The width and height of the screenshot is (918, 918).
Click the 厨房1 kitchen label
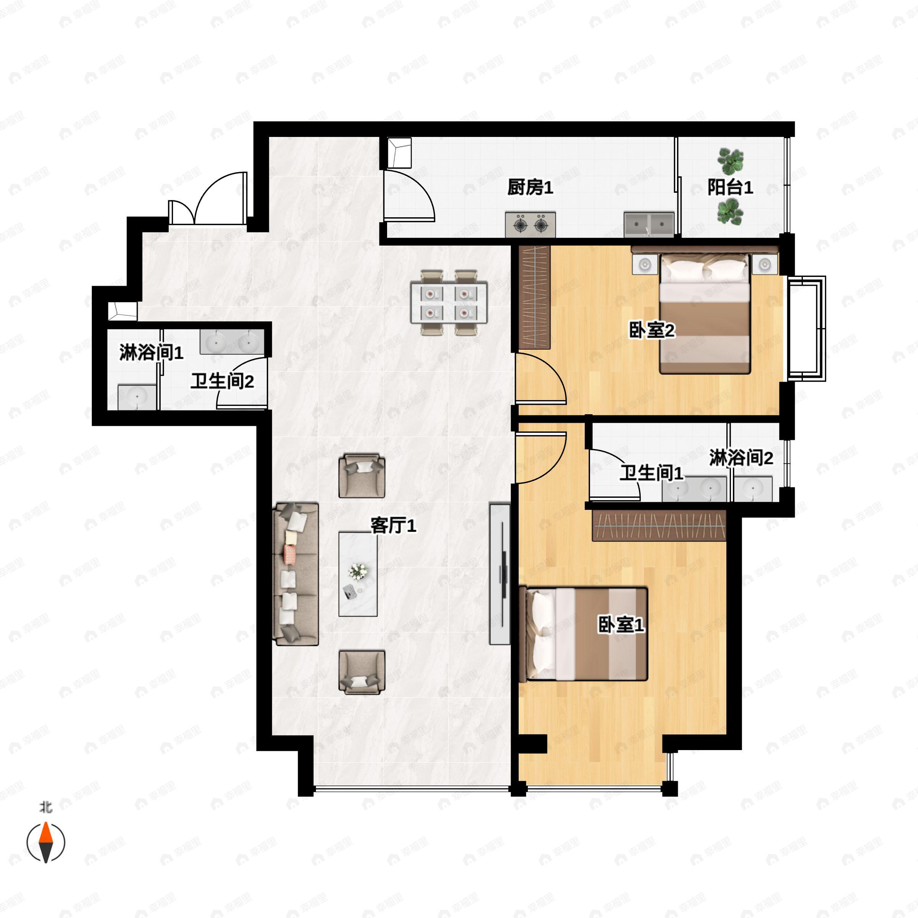click(530, 188)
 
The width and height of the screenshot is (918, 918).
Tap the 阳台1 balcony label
click(730, 188)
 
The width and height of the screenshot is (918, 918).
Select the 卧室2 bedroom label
click(651, 330)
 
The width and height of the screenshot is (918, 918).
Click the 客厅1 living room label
click(394, 526)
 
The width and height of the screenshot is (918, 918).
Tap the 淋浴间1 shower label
click(151, 353)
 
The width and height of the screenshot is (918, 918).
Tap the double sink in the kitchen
click(649, 224)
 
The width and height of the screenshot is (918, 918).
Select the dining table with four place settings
click(449, 303)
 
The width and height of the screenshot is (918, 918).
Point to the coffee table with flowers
click(358, 574)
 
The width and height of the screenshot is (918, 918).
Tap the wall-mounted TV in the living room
click(500, 574)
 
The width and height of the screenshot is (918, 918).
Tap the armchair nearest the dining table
click(361, 476)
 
